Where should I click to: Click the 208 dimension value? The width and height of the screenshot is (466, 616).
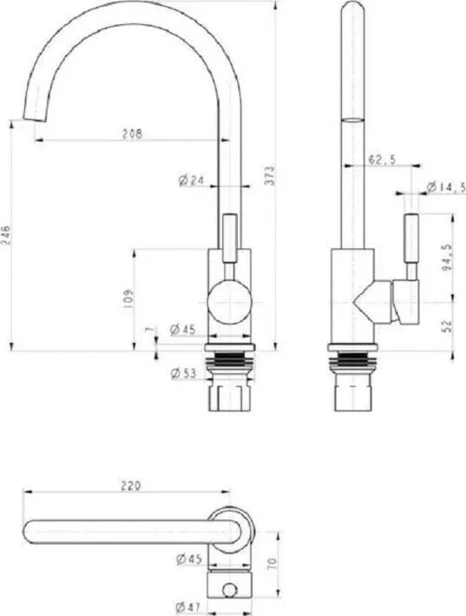point(132,134)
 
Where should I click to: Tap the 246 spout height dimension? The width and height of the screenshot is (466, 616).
point(7,235)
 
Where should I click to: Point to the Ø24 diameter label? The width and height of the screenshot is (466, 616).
point(192,180)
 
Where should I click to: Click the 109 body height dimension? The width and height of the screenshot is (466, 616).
point(128,298)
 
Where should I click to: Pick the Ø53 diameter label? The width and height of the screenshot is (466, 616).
point(183,373)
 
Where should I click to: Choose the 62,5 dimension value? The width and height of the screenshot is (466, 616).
point(382,160)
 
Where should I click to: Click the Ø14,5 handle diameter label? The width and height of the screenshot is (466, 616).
point(446,187)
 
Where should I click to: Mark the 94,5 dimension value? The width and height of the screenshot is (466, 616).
point(447,258)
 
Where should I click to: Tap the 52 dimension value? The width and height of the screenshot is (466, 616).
point(448,326)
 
